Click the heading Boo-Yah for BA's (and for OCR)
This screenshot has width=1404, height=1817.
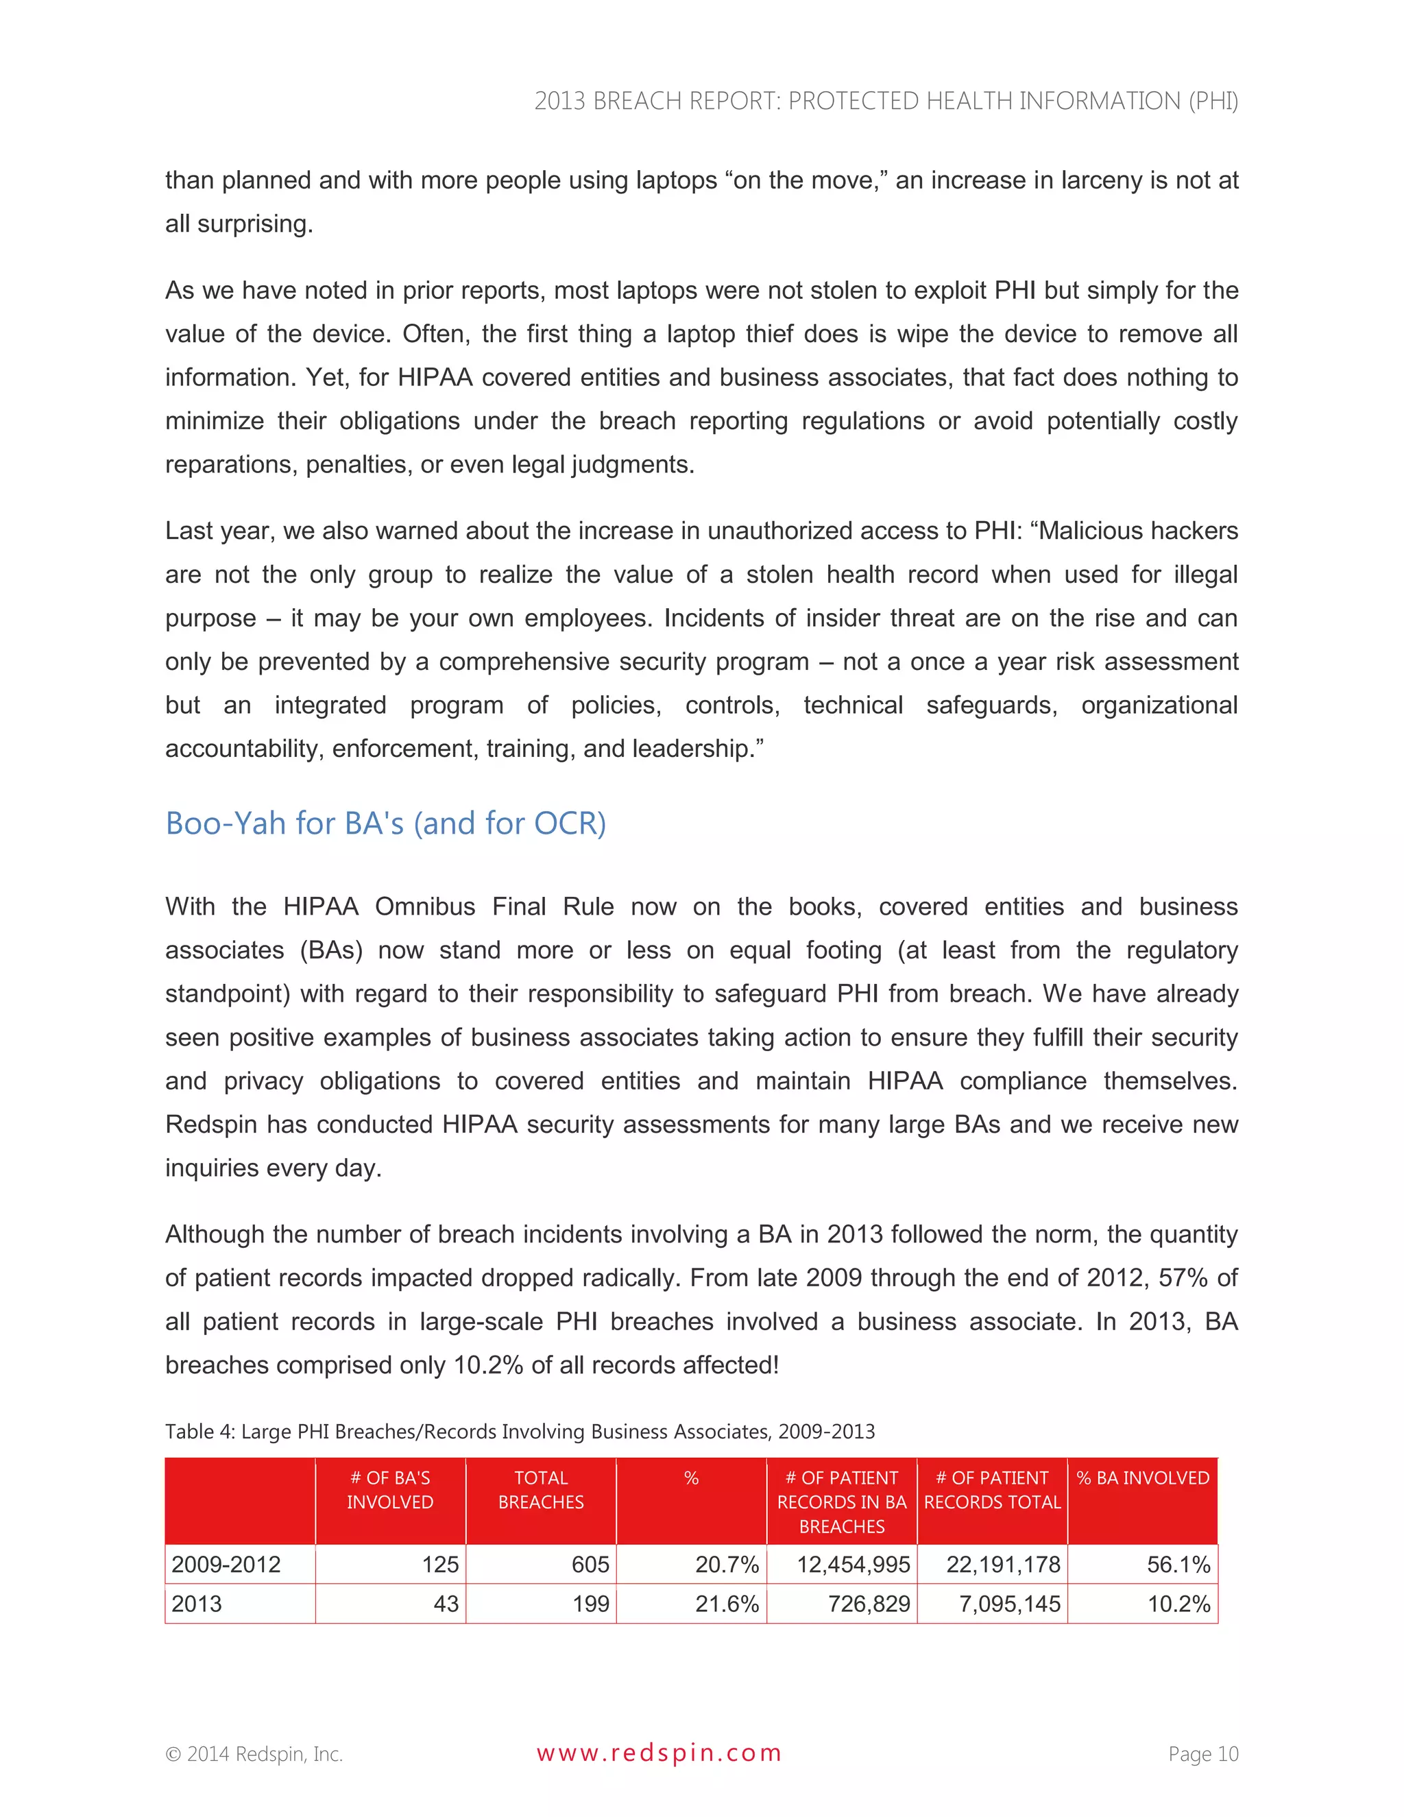point(385,823)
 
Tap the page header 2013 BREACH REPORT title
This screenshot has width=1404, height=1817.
point(886,101)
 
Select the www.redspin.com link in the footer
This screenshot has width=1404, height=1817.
point(659,1753)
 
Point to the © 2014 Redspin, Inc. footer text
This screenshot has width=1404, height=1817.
point(254,1754)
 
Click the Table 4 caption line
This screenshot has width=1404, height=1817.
point(520,1431)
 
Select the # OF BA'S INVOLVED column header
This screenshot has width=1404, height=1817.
point(390,1490)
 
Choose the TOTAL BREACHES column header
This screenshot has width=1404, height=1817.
point(541,1490)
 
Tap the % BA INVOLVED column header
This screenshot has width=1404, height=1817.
point(1142,1478)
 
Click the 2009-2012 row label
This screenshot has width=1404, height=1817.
point(226,1564)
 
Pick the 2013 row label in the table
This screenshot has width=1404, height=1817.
point(197,1604)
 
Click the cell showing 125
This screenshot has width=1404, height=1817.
point(440,1564)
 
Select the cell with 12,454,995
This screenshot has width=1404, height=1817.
point(854,1564)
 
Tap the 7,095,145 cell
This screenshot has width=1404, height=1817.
point(1009,1604)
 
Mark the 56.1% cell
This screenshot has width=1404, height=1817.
point(1178,1564)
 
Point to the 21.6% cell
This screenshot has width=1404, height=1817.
point(726,1604)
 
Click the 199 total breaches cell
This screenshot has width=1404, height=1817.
point(590,1604)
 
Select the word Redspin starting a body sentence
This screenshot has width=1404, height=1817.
point(211,1124)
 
